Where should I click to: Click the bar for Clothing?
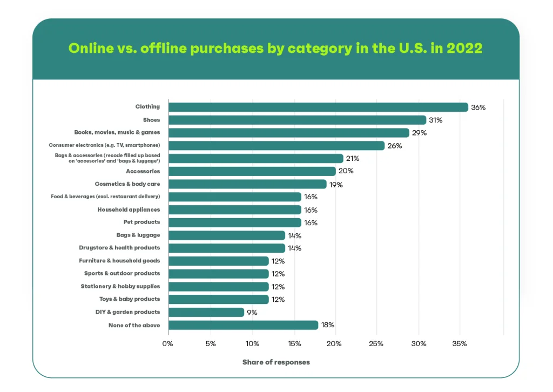pos(318,107)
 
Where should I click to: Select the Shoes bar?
pos(297,120)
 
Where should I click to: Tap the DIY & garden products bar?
pos(206,312)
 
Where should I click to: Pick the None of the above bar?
pos(243,325)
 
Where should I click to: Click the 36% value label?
pos(478,107)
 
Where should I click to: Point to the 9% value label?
pos(252,313)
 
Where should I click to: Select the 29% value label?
pos(419,133)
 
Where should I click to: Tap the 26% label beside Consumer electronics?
pos(394,146)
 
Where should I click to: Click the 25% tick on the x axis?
pos(376,344)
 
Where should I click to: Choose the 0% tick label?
pos(168,344)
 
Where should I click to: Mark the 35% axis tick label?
pos(460,344)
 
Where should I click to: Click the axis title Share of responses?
pos(276,362)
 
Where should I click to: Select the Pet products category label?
pos(141,222)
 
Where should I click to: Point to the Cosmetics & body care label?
pos(127,184)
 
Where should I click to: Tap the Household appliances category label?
pos(129,209)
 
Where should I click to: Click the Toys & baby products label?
pos(129,299)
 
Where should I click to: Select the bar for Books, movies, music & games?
pos(289,133)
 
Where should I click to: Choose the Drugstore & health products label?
pos(119,248)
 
